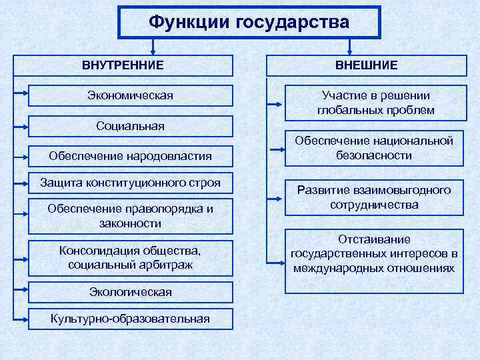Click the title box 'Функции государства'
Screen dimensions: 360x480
(x=249, y=22)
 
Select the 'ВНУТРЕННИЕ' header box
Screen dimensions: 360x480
(x=123, y=65)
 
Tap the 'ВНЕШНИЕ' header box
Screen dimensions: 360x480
(x=366, y=65)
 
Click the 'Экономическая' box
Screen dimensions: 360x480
(x=130, y=96)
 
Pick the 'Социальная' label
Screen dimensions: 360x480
(x=130, y=126)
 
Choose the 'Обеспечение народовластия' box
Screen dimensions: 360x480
(x=130, y=156)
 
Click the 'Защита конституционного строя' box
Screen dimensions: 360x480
(x=130, y=182)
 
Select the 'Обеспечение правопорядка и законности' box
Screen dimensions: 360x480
(x=130, y=216)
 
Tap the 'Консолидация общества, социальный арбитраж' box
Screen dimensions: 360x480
(x=130, y=257)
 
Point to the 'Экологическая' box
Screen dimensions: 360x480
(x=130, y=292)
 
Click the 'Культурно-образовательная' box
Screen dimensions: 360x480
(x=130, y=318)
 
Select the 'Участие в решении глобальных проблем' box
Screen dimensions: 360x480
(x=375, y=103)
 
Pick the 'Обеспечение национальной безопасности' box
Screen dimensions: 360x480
(x=375, y=148)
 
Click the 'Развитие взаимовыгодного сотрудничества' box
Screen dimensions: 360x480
(x=375, y=197)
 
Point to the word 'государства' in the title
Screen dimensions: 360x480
(x=292, y=22)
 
